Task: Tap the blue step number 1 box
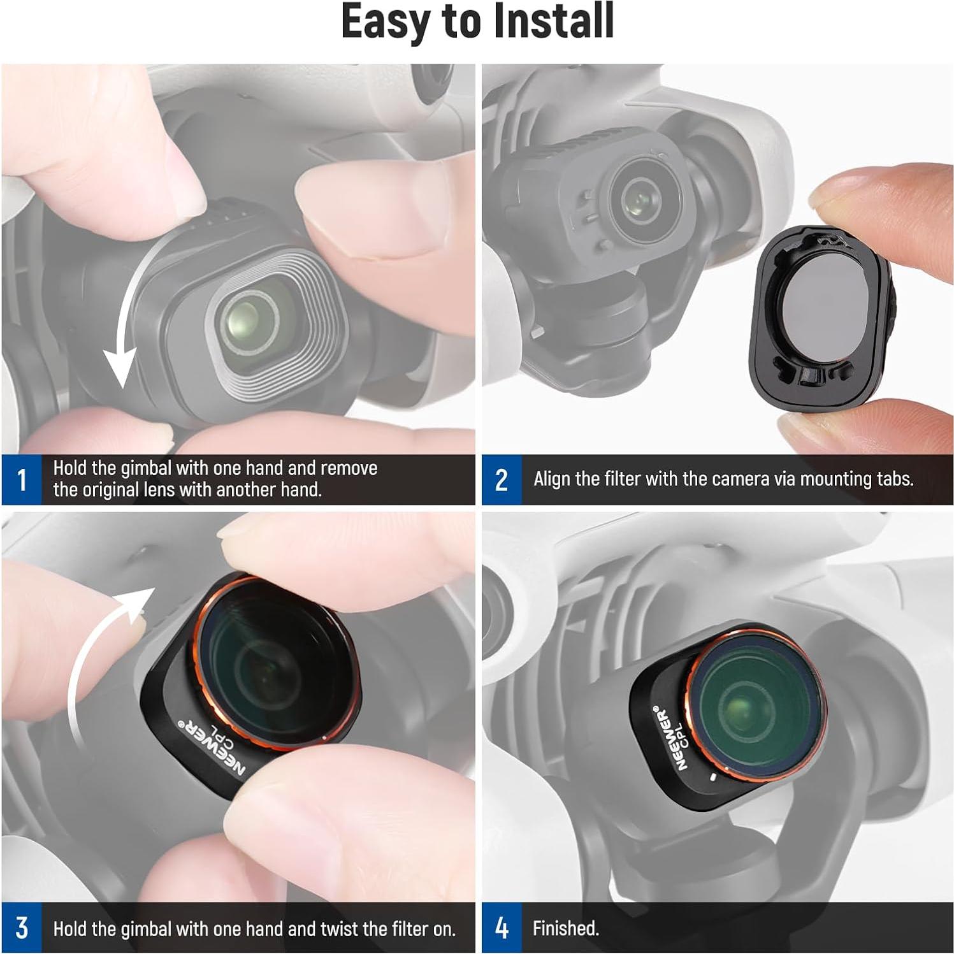22,480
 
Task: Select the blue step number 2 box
502,480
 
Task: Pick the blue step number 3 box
22,928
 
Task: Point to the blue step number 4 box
502,928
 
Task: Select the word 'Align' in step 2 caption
552,479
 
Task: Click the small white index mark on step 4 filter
713,777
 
